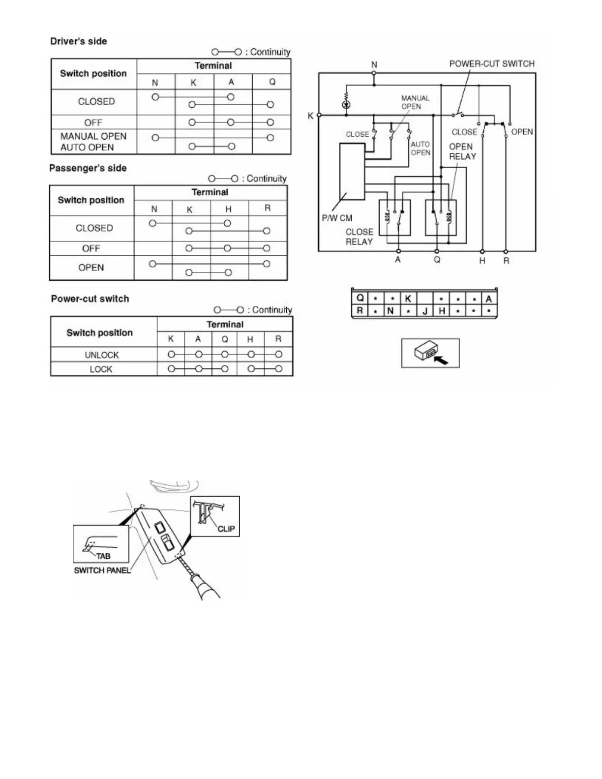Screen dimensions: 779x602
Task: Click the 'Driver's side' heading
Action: point(79,41)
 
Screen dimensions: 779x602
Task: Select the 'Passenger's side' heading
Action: point(88,168)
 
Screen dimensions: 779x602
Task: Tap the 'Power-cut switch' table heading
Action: point(90,299)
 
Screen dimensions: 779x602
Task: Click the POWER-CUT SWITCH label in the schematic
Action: point(491,64)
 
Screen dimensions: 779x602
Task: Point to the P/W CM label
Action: point(337,218)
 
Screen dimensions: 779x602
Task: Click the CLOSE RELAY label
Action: point(359,237)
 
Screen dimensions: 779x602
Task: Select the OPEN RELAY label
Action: point(462,151)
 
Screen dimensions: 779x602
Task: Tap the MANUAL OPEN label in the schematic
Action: point(415,102)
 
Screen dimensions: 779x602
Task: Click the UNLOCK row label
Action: point(102,355)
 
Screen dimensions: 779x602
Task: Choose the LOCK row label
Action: point(101,369)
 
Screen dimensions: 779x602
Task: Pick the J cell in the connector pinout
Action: point(425,311)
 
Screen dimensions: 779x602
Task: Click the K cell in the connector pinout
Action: point(408,299)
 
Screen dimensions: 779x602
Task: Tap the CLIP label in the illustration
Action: point(226,529)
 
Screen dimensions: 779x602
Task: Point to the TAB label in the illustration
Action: point(103,556)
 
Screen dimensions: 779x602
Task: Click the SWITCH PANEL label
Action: point(102,570)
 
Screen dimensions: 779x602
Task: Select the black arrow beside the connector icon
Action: point(441,360)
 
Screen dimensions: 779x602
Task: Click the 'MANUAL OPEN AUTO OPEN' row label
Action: point(93,142)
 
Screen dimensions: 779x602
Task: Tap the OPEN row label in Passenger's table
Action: point(91,268)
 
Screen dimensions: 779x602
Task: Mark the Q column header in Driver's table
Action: point(272,82)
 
